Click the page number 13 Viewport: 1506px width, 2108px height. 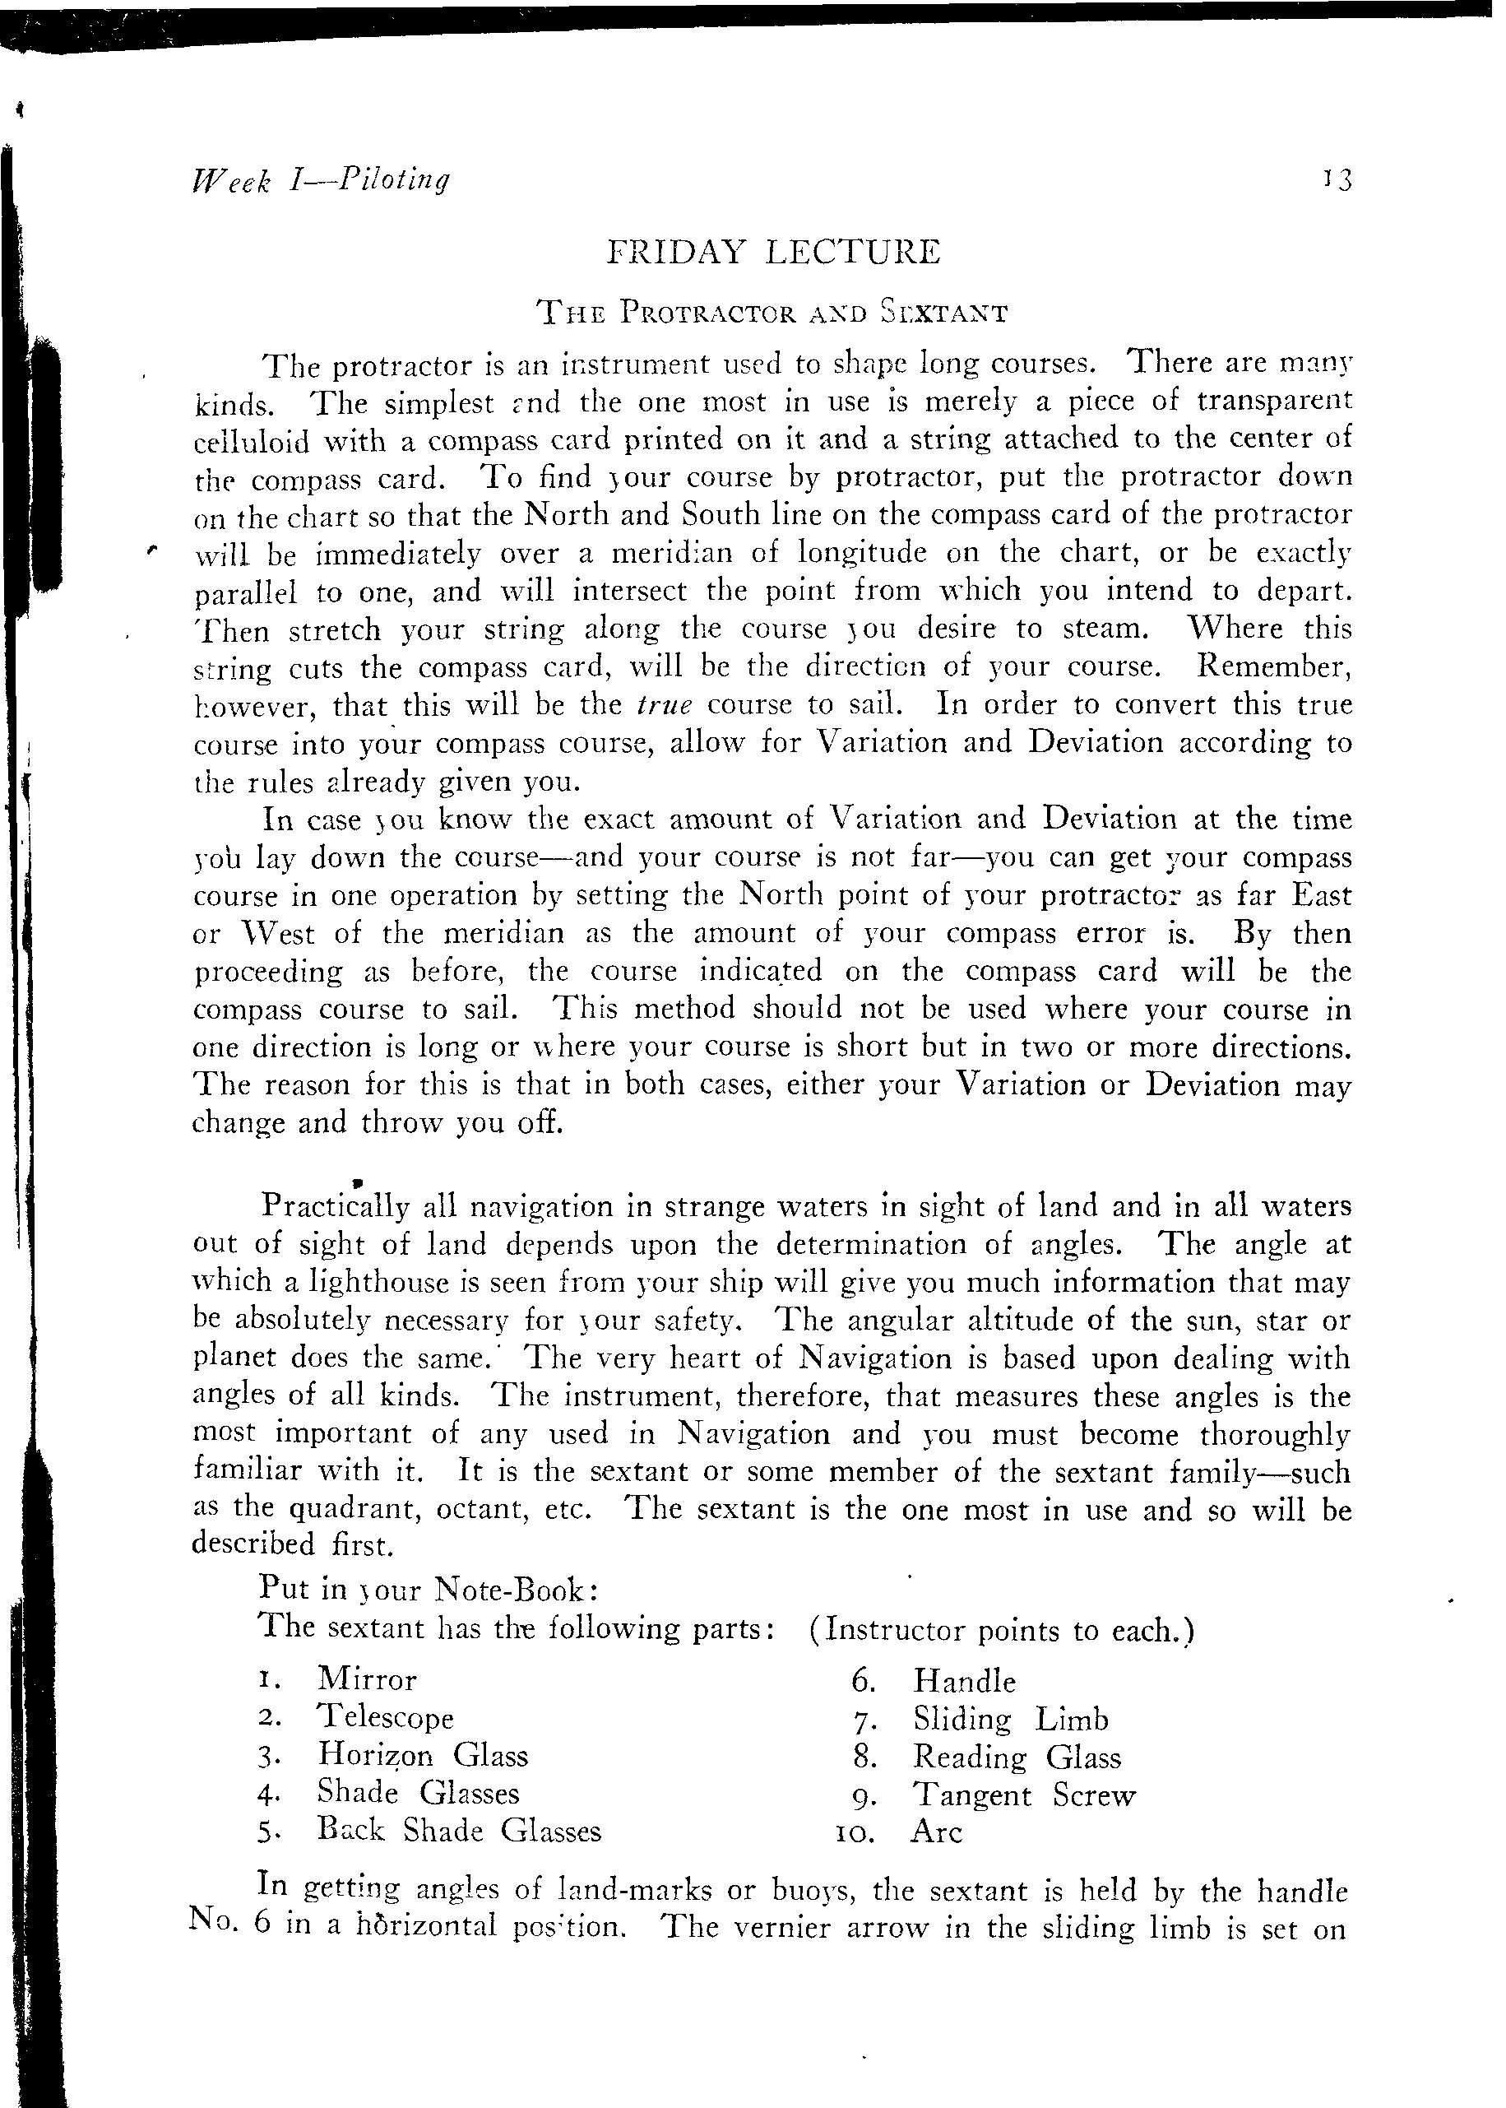coord(1339,179)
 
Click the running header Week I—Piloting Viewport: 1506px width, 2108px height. coord(320,179)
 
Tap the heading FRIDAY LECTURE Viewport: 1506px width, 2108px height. coord(772,253)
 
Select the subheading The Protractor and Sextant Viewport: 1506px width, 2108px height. coord(772,313)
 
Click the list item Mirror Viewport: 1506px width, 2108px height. coord(367,1679)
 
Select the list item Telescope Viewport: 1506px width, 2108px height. coord(385,1716)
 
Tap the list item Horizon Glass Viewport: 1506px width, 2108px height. coord(423,1755)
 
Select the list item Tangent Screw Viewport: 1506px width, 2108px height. coord(1024,1795)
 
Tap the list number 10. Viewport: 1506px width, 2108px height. coord(856,1832)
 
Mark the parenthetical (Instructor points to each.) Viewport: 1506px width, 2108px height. coord(1001,1629)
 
